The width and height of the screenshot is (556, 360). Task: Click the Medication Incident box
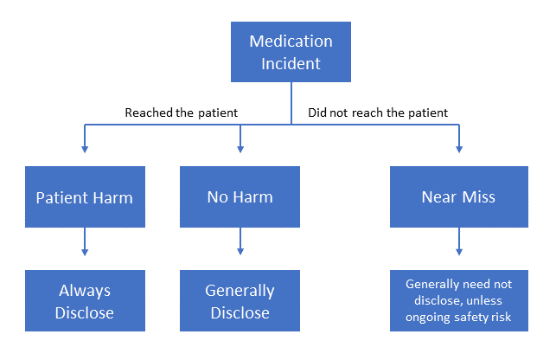291,52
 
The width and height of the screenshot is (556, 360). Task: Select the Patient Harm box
85,196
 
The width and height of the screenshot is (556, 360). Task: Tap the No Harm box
240,196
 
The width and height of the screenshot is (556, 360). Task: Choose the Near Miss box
459,196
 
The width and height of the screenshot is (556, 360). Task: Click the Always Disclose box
85,300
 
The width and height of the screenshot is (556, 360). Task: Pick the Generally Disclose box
240,300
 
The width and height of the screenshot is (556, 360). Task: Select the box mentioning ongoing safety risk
459,300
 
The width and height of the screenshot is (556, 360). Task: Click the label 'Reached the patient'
182,112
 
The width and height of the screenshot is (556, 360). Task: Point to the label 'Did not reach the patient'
378,112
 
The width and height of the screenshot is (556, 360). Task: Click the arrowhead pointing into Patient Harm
85,149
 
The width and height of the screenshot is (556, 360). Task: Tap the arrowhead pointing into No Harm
240,149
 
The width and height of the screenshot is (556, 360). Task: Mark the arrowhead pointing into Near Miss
459,149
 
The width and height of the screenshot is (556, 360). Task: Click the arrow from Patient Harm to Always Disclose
85,241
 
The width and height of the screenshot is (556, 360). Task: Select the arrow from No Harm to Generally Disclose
240,241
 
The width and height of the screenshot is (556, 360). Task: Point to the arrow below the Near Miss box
459,241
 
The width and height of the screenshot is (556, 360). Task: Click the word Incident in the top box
291,63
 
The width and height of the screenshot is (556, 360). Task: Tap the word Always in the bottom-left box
85,291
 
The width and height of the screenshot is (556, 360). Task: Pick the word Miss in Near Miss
479,196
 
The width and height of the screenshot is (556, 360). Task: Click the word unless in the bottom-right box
484,300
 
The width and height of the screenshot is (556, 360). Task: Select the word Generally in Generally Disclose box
240,291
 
